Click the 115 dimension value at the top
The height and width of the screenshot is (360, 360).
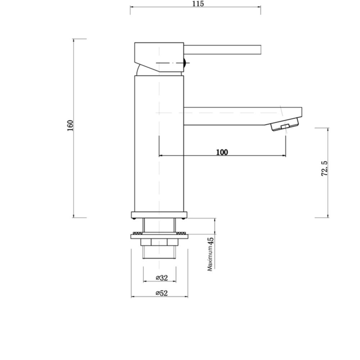coord(198,4)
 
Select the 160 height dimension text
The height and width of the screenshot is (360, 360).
coord(70,125)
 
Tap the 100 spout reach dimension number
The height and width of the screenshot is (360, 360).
coord(222,152)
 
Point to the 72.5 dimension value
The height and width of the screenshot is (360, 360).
coord(324,168)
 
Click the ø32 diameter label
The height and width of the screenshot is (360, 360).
coord(162,278)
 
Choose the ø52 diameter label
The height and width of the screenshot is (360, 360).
coord(162,293)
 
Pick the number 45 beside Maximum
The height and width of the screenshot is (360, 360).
coord(211,240)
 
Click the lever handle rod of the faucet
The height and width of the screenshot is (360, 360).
coord(222,50)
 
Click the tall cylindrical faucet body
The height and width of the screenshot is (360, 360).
coord(159,144)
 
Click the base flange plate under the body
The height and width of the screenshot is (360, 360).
coord(159,215)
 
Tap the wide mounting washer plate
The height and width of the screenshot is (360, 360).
coord(159,236)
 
